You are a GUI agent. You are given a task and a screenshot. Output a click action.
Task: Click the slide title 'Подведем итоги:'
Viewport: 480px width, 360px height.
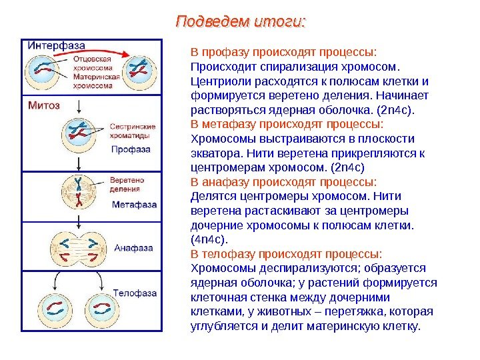tap(240, 22)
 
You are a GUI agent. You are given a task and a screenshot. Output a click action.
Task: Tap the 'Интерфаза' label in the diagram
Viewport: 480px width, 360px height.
tap(57, 45)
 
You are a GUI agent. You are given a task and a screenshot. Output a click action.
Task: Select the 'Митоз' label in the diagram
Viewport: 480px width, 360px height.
tap(44, 105)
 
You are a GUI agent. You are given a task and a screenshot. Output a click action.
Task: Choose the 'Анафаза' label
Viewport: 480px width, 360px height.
tap(134, 248)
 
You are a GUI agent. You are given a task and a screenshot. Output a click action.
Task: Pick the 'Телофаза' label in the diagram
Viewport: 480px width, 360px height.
tap(134, 293)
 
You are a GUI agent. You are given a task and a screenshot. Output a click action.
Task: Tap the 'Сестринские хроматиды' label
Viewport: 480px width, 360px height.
tap(133, 130)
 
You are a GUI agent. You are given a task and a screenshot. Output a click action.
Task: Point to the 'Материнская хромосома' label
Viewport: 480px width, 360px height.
tap(97, 81)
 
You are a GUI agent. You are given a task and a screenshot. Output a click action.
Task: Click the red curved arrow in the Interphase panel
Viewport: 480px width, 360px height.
tap(100, 51)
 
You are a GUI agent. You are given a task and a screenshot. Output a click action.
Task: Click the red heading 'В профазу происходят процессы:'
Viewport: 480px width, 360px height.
tap(284, 51)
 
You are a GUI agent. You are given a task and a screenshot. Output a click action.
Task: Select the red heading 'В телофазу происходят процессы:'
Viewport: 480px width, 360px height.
tap(287, 253)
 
